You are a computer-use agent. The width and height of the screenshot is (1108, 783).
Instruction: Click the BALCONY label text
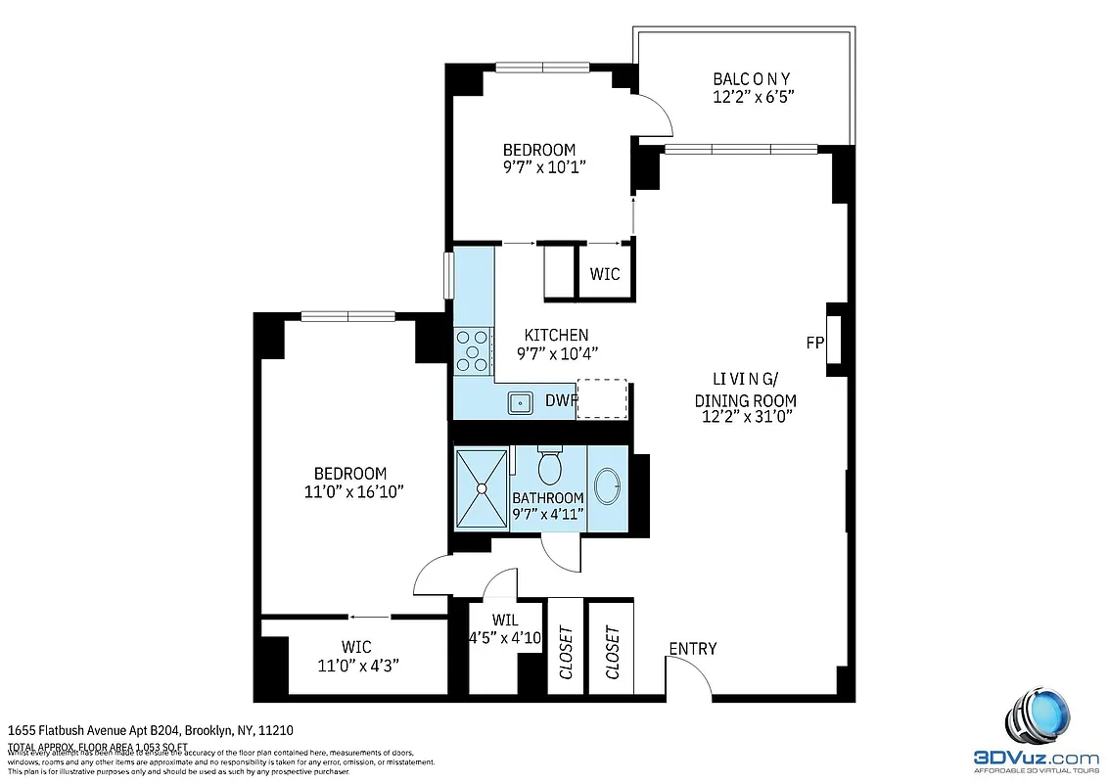click(x=751, y=78)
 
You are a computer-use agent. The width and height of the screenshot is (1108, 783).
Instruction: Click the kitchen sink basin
click(x=518, y=400)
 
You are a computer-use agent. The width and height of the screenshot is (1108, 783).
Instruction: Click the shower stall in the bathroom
click(x=482, y=488)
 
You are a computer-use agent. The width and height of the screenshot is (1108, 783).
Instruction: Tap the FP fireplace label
click(x=814, y=343)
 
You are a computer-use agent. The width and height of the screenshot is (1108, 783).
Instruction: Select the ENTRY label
click(x=692, y=649)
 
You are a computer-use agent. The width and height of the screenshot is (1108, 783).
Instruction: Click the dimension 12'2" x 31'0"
click(x=745, y=417)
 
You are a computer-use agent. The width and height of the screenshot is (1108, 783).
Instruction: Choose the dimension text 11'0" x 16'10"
click(x=349, y=491)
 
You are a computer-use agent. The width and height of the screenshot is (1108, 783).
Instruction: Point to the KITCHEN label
click(x=556, y=335)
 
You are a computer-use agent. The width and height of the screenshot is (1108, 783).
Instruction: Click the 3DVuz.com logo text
click(x=1038, y=758)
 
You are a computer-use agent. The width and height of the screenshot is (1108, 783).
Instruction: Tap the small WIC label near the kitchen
click(x=605, y=274)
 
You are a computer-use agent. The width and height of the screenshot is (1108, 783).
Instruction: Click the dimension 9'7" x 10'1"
click(x=539, y=167)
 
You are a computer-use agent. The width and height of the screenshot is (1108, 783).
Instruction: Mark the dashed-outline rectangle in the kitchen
click(x=601, y=398)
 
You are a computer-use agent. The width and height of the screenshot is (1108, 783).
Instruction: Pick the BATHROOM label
click(x=548, y=498)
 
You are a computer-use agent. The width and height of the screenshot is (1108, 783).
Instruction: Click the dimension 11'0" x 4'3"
click(x=356, y=665)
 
